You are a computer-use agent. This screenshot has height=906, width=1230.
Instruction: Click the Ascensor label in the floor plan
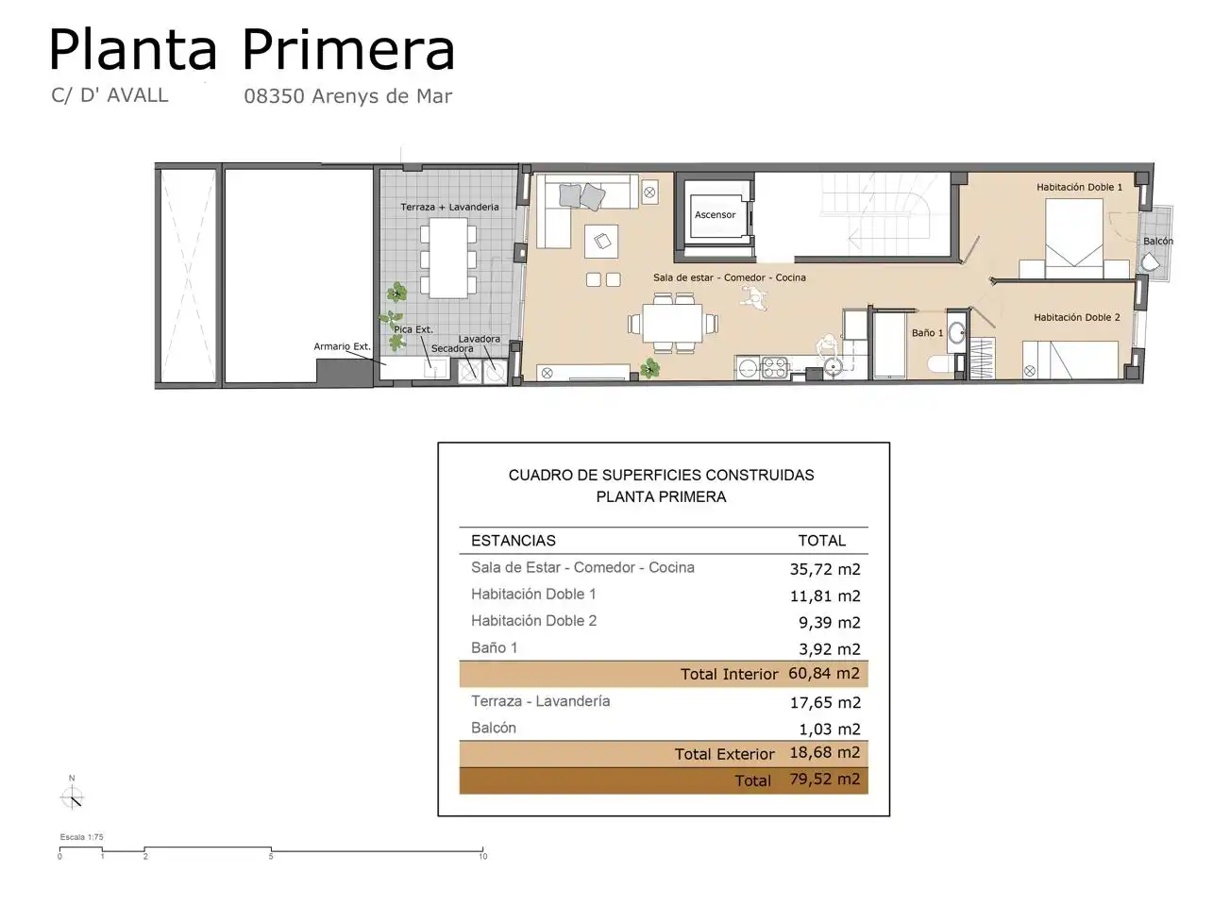pos(715,215)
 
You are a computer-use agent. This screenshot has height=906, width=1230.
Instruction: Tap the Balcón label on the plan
pos(1157,242)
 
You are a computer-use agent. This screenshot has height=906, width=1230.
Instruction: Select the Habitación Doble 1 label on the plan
pos(1079,188)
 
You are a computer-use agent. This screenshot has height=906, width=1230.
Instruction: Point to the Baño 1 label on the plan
pos(927,333)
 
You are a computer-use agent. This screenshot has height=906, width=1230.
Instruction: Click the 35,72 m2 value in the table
pos(824,569)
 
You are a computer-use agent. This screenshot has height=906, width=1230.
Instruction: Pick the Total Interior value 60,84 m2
pos(823,674)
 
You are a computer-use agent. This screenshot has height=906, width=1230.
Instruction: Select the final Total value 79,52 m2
pos(824,780)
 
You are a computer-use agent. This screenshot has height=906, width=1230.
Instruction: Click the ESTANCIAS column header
pos(513,541)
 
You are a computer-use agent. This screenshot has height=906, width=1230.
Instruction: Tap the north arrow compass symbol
pos(72,797)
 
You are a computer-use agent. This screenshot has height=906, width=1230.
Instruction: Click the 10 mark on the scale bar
pos(482,856)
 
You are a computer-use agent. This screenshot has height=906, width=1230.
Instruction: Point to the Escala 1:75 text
pos(81,837)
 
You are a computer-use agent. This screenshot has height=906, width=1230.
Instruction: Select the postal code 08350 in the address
pos(274,96)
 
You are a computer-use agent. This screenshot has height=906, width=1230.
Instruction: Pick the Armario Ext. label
pos(342,347)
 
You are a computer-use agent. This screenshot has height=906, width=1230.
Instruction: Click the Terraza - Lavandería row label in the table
pos(540,701)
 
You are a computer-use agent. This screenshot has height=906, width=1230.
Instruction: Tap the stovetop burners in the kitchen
pos(774,367)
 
